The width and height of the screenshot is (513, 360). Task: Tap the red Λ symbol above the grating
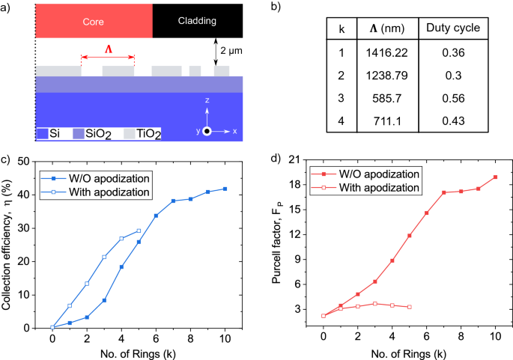[108, 49]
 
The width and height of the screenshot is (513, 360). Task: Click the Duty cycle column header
[452, 28]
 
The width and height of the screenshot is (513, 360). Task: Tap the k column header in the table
[342, 28]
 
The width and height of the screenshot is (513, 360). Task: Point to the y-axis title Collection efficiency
[9, 245]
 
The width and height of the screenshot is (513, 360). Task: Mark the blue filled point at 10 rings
[225, 189]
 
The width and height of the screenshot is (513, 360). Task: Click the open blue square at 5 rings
[139, 231]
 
